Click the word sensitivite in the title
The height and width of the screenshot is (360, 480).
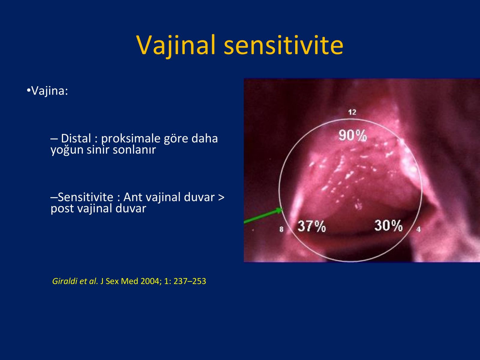tap(283, 45)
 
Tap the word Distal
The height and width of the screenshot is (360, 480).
tap(76, 138)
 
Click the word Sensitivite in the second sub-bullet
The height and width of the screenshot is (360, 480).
tap(85, 197)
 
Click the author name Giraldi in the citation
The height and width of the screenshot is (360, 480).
tap(65, 281)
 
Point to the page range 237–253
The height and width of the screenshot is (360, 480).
tap(190, 281)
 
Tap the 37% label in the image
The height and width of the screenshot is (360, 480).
tap(312, 226)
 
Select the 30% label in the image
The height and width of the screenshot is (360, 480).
tap(388, 225)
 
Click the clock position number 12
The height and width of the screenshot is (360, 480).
tap(352, 112)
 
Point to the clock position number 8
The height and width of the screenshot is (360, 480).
tap(281, 229)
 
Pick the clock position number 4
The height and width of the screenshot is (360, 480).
tap(418, 229)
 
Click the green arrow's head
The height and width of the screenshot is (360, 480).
tap(279, 210)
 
